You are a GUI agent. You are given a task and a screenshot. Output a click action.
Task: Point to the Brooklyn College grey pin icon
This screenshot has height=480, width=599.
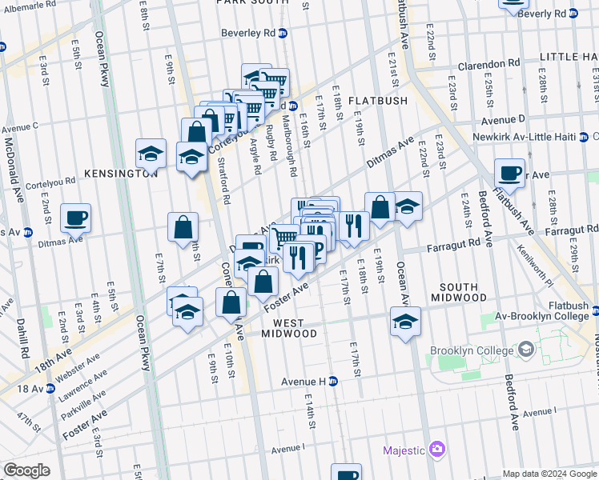pos(526,350)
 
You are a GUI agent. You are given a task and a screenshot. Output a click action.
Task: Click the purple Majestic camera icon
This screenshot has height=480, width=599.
pos(436,450)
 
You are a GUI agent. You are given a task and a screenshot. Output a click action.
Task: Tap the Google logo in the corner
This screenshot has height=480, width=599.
pos(26,470)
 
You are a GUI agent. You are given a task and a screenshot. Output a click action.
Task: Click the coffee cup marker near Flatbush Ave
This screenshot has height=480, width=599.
pos(509,172)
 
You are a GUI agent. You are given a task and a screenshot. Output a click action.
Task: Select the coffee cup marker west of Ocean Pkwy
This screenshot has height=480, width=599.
pos(76,217)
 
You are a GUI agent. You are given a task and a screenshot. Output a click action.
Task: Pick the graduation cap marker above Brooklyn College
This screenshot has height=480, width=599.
pos(405,322)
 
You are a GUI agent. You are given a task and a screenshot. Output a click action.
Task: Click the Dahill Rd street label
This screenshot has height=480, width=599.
pos(22,338)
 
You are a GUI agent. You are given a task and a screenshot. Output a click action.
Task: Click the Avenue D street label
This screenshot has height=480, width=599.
pos(502,120)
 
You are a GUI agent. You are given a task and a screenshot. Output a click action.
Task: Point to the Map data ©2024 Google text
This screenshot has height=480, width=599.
pos(549,474)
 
